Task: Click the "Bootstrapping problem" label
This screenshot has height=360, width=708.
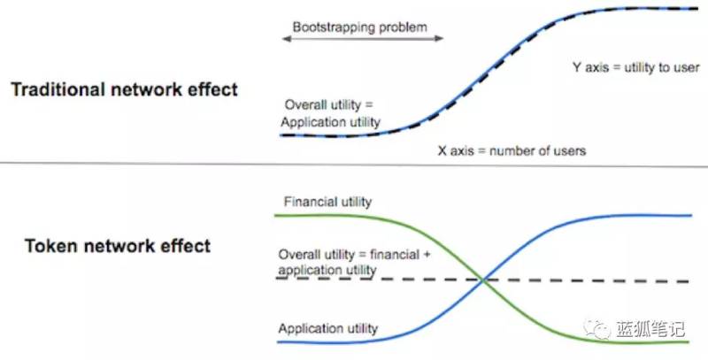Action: [x=360, y=27]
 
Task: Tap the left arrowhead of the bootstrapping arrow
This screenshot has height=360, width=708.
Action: [x=286, y=39]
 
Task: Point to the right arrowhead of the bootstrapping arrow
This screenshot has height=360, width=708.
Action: [x=439, y=38]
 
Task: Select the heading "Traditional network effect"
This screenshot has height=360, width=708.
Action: [x=124, y=89]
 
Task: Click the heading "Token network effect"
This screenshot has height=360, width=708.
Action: [x=118, y=246]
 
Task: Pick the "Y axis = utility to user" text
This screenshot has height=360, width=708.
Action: [x=636, y=68]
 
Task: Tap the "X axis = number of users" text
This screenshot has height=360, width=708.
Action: [x=512, y=150]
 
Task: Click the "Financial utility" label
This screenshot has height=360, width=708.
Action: [x=327, y=202]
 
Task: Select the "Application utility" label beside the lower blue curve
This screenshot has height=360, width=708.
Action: [x=327, y=328]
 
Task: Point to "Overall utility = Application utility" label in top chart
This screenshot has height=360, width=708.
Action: [x=330, y=113]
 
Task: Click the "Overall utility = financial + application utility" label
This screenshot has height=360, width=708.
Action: [x=355, y=262]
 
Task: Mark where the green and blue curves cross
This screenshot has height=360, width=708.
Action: [x=483, y=280]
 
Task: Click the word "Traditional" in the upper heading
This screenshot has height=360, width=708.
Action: [x=58, y=89]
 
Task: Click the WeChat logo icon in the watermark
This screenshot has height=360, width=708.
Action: [x=596, y=328]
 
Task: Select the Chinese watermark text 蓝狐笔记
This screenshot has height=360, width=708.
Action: [x=650, y=329]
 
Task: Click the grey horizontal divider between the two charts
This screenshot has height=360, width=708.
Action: [x=354, y=164]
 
